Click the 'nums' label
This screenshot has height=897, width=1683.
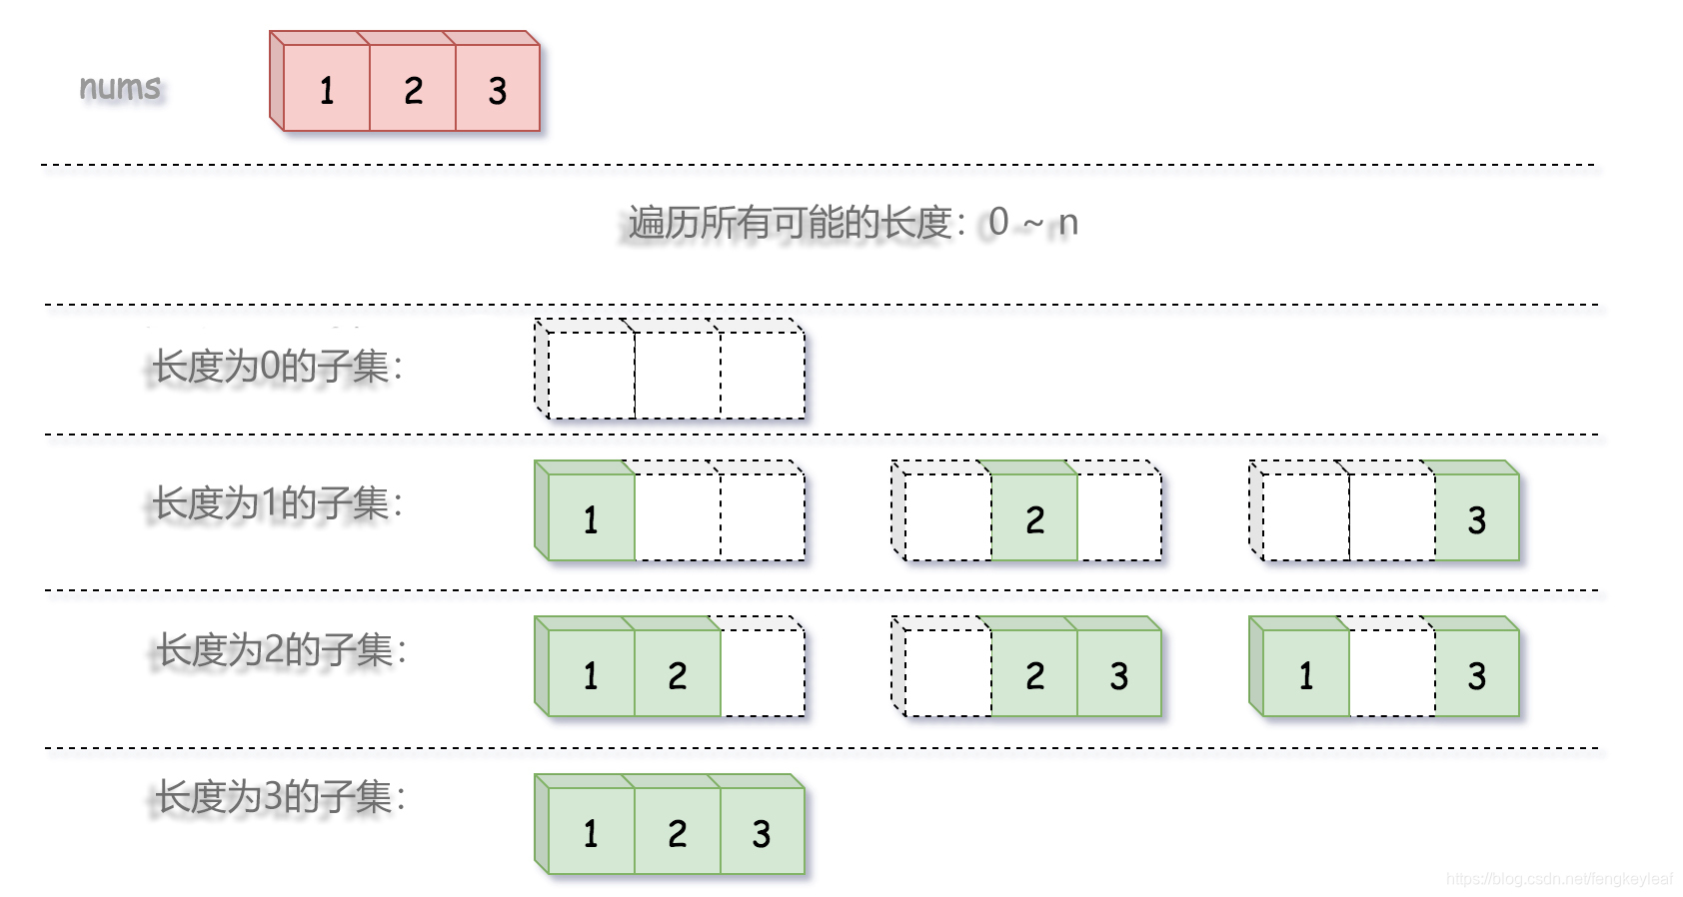[120, 88]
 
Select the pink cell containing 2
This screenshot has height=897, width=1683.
[413, 90]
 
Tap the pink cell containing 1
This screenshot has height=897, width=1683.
[327, 90]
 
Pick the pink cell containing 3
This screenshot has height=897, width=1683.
[498, 90]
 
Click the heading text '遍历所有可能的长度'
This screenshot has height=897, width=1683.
[790, 223]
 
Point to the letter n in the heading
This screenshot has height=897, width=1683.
[1068, 223]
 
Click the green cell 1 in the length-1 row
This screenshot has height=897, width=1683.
[592, 518]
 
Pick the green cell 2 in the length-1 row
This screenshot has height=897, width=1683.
[1034, 518]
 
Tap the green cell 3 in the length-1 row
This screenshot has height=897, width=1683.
[1477, 518]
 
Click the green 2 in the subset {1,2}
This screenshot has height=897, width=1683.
[678, 674]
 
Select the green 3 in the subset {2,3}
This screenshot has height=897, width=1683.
[1119, 674]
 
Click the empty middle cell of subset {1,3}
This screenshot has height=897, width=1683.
[1392, 674]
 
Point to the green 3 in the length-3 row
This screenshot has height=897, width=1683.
[762, 832]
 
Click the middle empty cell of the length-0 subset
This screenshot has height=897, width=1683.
[678, 376]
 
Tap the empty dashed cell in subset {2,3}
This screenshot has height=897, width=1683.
[948, 674]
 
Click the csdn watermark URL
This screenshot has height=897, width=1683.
[1559, 879]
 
